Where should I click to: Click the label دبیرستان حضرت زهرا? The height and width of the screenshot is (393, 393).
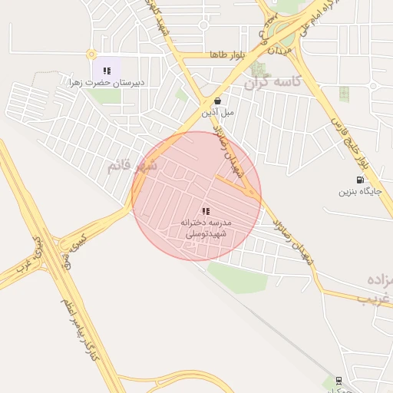(x=108, y=82)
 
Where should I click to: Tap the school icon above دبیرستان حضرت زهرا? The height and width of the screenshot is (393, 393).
(x=107, y=71)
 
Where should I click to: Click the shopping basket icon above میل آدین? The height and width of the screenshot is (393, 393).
(x=218, y=101)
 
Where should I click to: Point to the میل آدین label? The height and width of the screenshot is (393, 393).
(x=218, y=113)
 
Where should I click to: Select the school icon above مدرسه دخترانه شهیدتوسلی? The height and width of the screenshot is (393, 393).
(x=206, y=211)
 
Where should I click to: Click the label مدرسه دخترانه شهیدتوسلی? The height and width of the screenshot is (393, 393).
(x=206, y=229)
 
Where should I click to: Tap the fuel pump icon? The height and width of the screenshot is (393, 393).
(x=361, y=180)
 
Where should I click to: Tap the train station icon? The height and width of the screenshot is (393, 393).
(x=339, y=380)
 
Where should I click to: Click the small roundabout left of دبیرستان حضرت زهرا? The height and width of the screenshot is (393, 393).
(x=91, y=54)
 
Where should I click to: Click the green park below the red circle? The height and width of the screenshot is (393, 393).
(x=239, y=277)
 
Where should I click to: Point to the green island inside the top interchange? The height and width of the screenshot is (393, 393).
(x=285, y=35)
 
